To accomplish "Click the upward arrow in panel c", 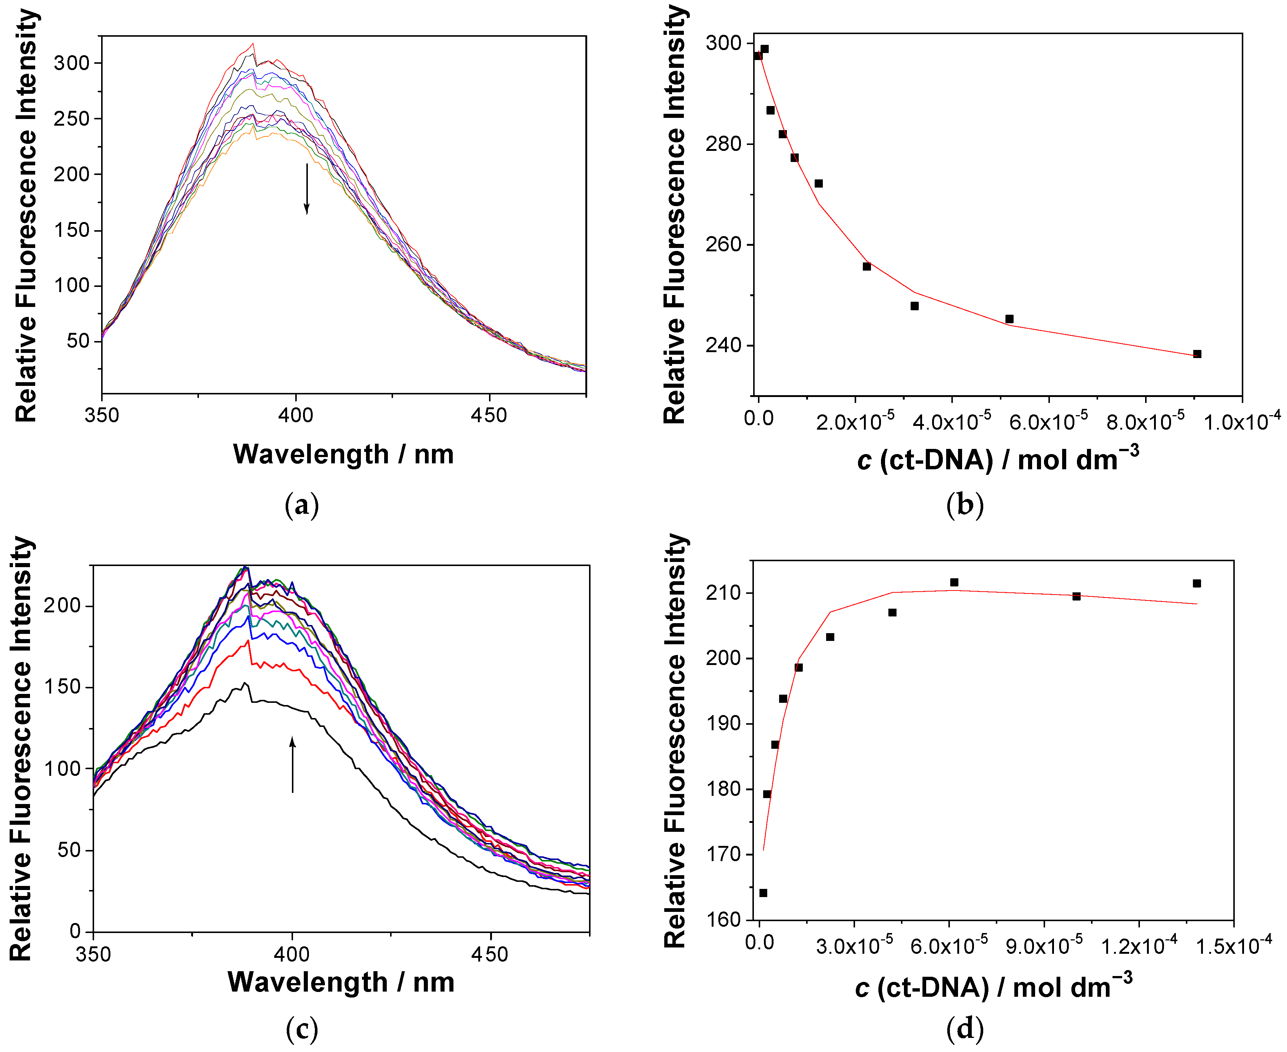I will pyautogui.click(x=293, y=765).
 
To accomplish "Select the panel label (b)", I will pyautogui.click(x=965, y=504).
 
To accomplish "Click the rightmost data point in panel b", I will pyautogui.click(x=1197, y=354).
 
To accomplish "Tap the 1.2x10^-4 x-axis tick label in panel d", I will pyautogui.click(x=1138, y=945).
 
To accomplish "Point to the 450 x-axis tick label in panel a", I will pyautogui.click(x=489, y=415).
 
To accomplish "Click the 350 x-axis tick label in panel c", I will pyautogui.click(x=93, y=955).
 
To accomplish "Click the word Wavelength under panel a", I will pyautogui.click(x=311, y=454).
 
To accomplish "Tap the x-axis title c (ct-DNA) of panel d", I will pyautogui.click(x=993, y=988).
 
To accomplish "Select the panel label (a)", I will pyautogui.click(x=302, y=504).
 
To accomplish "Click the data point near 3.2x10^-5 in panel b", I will pyautogui.click(x=915, y=306).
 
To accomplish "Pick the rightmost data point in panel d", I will pyautogui.click(x=1197, y=583).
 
